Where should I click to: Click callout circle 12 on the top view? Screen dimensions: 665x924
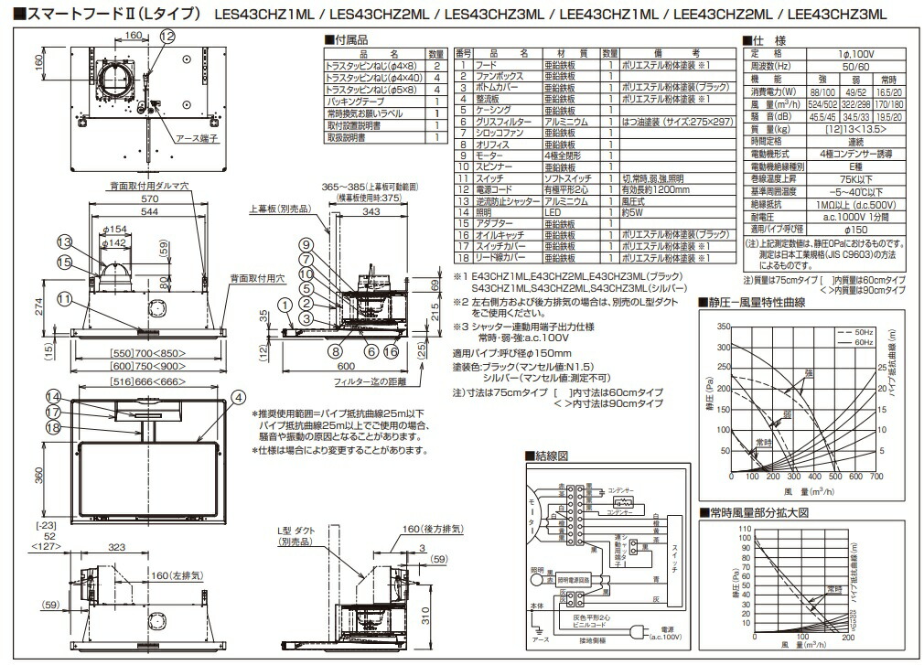click(166, 36)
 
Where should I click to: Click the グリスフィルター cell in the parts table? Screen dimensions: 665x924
click(501, 121)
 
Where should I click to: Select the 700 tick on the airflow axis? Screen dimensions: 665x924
click(876, 477)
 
